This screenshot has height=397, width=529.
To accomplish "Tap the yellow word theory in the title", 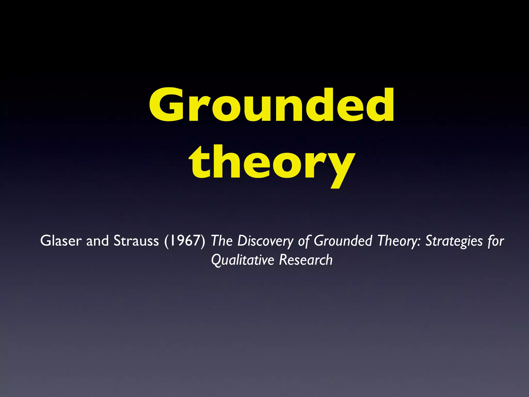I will click(272, 163).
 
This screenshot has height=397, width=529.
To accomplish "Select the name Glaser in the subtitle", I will click(61, 241).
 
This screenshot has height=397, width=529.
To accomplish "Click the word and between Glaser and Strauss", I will click(97, 241).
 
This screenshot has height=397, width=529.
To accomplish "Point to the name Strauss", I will click(136, 241).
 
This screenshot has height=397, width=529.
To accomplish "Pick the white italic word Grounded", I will click(343, 241).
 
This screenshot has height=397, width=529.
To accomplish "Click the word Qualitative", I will click(242, 260).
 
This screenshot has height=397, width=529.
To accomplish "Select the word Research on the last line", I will click(306, 259).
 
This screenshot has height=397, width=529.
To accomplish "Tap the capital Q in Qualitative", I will click(216, 260).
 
